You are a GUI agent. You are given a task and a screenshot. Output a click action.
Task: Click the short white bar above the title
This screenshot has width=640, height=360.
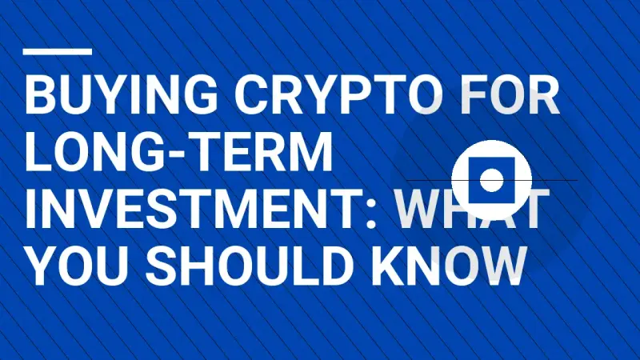pos(58,51)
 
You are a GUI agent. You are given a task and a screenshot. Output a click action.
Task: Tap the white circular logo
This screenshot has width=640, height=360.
pos(492,180)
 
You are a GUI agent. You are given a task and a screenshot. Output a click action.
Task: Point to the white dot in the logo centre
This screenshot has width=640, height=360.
pos(492,180)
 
